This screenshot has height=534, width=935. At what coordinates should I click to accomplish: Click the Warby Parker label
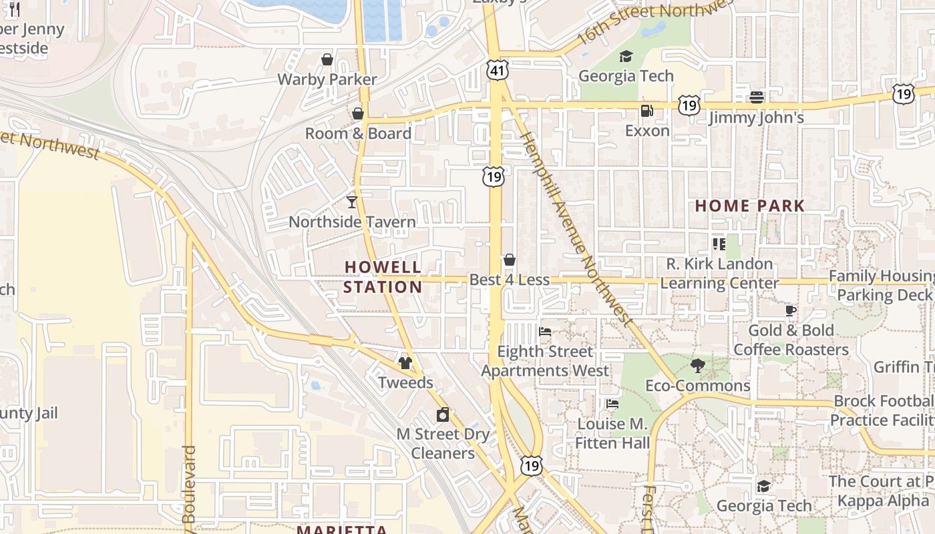pos(327,79)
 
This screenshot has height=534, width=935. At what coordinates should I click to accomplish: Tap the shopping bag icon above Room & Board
pos(358,113)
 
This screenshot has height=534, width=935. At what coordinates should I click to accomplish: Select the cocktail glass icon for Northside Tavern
pos(352,202)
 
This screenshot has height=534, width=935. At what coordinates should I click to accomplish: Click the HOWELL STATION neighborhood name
pos(383,277)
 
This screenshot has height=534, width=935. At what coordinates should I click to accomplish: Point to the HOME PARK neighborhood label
pos(750,206)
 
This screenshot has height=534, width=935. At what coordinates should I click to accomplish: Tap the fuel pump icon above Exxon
pos(646,111)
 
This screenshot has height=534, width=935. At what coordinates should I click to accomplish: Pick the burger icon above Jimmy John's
pos(756,97)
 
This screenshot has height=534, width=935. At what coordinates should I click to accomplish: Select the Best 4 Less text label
pos(509,280)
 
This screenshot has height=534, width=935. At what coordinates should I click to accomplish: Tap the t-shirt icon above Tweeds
pos(405,363)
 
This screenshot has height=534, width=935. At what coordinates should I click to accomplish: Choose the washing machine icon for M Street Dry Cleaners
pos(442,415)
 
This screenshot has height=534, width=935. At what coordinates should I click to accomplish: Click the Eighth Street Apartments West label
pos(545,361)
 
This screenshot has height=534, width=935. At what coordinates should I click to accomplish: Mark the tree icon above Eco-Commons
pos(698,366)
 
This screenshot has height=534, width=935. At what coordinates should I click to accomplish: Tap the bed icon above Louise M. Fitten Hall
pos(612,404)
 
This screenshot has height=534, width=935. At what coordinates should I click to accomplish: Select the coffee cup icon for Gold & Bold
pos(791,310)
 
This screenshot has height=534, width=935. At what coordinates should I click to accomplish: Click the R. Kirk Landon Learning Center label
pos(719,274)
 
